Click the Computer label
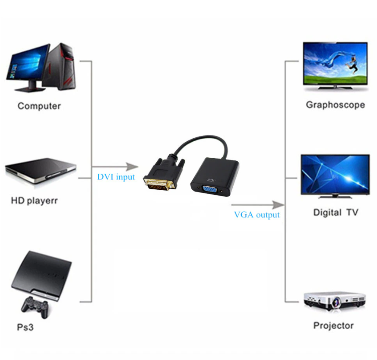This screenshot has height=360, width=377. (x=39, y=106)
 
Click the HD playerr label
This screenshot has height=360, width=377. (x=34, y=201)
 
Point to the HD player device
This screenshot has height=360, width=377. (x=41, y=171)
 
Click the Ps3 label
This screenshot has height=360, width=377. (x=25, y=327)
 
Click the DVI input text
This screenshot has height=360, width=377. (x=116, y=177)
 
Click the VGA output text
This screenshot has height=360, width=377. (x=257, y=215)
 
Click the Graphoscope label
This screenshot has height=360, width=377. (x=335, y=105)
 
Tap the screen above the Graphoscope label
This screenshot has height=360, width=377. (x=335, y=65)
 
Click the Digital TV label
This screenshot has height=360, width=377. (x=336, y=213)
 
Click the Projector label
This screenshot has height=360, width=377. (x=333, y=325)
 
